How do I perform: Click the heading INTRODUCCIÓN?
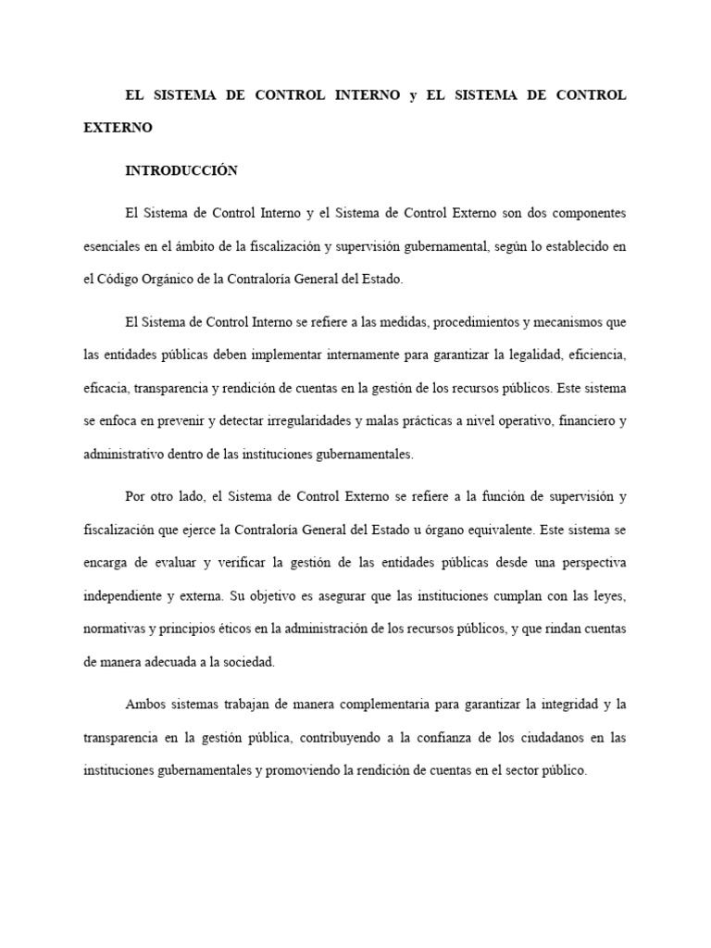[181, 170]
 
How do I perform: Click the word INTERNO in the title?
[368, 95]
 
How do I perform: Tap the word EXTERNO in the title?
[118, 128]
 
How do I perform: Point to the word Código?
[119, 279]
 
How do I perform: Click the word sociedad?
[248, 663]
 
